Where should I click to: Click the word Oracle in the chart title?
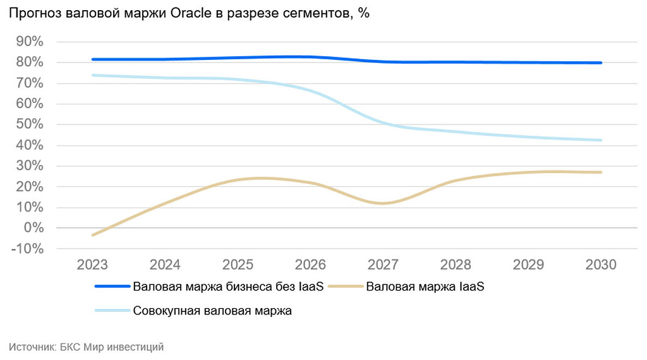pyautogui.click(x=193, y=14)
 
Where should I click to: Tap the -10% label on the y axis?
pyautogui.click(x=27, y=249)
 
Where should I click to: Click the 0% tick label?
pyautogui.click(x=32, y=228)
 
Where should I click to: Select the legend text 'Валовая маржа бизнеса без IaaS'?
pyautogui.click(x=228, y=287)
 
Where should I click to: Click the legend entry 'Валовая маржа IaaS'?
pyautogui.click(x=425, y=287)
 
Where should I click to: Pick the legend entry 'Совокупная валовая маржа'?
pyautogui.click(x=212, y=311)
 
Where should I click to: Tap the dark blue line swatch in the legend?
pyautogui.click(x=112, y=287)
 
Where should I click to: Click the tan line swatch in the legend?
pyautogui.click(x=344, y=287)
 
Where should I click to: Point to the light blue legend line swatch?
pyautogui.click(x=112, y=311)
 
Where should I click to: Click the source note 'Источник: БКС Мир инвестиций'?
pyautogui.click(x=87, y=347)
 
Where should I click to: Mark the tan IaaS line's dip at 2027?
pyautogui.click(x=384, y=203)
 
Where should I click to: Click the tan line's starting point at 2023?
pyautogui.click(x=93, y=235)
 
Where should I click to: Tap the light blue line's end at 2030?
pyautogui.click(x=601, y=140)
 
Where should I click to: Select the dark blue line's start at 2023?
pyautogui.click(x=93, y=59)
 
